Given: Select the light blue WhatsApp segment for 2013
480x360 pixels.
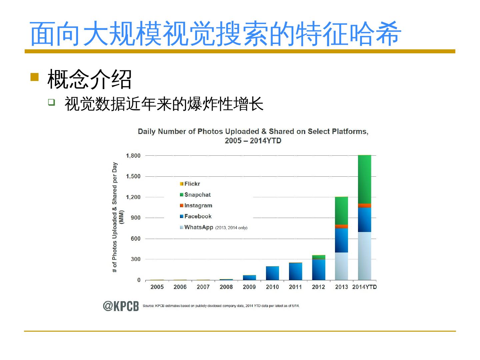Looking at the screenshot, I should click(x=341, y=266).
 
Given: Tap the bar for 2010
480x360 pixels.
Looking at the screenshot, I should click(x=272, y=273).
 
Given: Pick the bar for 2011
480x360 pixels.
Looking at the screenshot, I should click(x=295, y=271).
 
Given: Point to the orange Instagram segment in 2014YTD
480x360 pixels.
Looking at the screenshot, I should click(x=364, y=205).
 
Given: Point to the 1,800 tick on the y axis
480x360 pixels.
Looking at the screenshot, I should click(x=133, y=156).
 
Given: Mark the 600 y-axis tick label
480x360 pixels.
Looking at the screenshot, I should click(x=136, y=239).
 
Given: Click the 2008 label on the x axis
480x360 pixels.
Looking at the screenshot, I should click(x=226, y=287).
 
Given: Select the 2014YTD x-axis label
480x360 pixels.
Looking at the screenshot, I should click(x=364, y=287).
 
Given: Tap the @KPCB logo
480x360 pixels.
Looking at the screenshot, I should click(x=121, y=306).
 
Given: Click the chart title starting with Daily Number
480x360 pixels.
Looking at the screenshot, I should click(x=253, y=136).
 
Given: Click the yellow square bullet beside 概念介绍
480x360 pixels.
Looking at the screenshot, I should click(x=34, y=77).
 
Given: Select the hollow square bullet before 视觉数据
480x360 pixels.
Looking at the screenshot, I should click(x=51, y=102).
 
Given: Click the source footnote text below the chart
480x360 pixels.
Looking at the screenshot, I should click(x=221, y=306).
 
